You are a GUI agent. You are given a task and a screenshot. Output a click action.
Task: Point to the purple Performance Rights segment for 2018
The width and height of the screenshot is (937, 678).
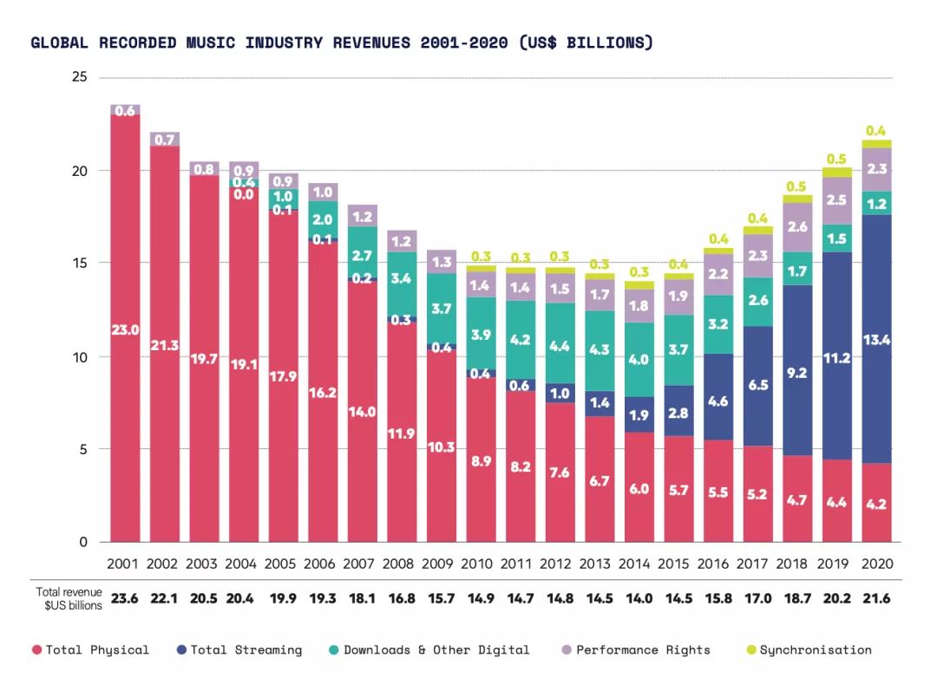(x=797, y=227)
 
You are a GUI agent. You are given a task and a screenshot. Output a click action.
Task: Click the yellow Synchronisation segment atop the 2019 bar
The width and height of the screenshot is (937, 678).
(x=837, y=173)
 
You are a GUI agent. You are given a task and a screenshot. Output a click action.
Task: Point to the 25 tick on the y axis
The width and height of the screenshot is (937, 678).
(x=80, y=77)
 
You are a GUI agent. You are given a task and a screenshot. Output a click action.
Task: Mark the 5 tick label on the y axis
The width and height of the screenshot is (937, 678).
(x=83, y=449)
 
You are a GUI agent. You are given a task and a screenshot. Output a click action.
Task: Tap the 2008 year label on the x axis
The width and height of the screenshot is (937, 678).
(x=398, y=564)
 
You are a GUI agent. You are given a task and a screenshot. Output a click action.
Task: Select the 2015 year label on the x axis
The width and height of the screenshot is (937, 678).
(x=674, y=564)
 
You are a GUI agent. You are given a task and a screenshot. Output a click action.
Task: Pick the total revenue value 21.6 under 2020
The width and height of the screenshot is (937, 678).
(x=876, y=598)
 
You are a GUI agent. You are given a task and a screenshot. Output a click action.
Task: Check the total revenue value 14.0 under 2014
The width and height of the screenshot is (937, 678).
(x=639, y=598)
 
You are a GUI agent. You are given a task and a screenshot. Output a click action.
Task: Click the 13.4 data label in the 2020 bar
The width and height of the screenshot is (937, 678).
(x=876, y=340)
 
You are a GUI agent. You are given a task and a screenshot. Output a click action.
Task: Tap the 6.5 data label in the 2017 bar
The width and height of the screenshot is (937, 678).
(x=758, y=386)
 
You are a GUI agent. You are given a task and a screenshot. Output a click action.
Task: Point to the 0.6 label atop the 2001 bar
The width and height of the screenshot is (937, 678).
(x=125, y=111)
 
